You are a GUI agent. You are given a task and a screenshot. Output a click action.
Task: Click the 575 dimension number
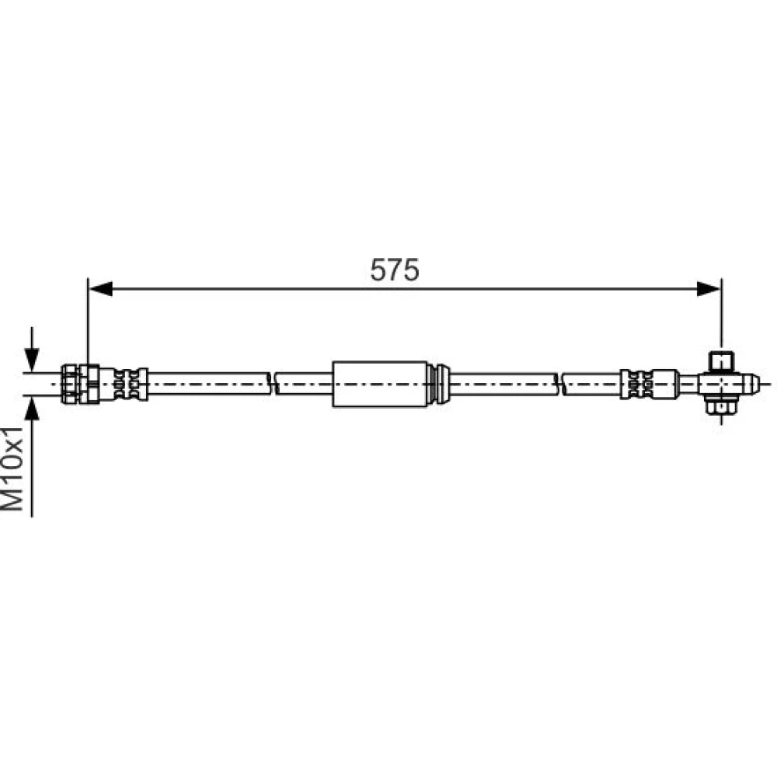(395, 270)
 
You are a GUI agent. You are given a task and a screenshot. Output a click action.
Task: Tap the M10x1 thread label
(12, 469)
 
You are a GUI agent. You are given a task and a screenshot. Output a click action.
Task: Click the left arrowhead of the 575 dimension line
(100, 288)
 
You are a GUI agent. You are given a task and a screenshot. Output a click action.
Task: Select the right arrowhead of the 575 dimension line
(709, 288)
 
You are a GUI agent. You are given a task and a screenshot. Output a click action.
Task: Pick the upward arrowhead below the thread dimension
(32, 409)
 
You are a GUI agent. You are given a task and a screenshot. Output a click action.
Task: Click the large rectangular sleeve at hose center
(380, 384)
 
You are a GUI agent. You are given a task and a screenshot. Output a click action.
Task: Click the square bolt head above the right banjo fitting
(722, 361)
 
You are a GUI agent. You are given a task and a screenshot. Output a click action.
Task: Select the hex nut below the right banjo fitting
(722, 406)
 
